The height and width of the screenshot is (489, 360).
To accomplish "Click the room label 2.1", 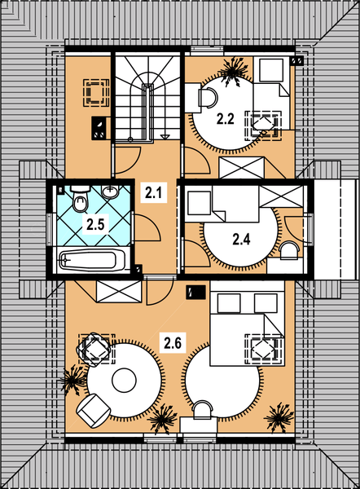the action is [154, 192].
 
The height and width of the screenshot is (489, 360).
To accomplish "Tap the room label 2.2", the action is [226, 119].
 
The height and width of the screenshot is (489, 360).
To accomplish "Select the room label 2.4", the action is [241, 240].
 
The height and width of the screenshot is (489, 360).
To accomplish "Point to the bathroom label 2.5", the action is [95, 224].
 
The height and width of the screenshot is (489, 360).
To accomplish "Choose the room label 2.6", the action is [173, 343].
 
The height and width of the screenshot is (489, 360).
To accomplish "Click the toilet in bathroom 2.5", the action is [81, 198].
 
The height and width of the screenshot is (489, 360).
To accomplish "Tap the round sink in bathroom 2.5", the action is [110, 192].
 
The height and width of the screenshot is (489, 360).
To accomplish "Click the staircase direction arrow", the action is [165, 136].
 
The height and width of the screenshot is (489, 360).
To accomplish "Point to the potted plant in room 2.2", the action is [235, 71].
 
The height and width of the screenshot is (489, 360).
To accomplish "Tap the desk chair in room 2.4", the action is [289, 250].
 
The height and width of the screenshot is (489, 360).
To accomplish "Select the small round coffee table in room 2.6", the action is [124, 381].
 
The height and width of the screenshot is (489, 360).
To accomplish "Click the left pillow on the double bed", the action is [229, 303].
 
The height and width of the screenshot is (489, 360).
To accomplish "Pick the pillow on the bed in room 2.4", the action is [199, 203].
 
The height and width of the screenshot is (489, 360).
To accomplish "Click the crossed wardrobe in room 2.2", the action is [242, 167].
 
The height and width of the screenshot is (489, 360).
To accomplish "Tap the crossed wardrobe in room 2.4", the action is [281, 196].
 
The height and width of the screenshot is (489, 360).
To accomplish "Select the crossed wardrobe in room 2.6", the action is [119, 292].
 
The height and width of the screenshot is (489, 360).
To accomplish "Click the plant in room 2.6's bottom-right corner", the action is [279, 417].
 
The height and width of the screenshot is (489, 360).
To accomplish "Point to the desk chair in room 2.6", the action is [202, 410].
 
